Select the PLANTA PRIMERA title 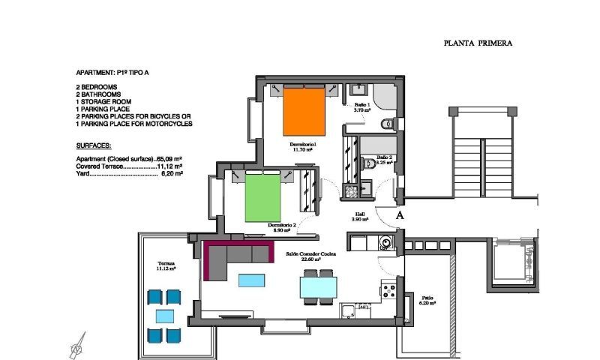(x=478, y=43)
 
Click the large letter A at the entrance (x=400, y=214)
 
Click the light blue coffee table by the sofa (x=250, y=280)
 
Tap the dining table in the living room (x=319, y=286)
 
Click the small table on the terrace (x=165, y=316)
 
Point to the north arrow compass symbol (x=76, y=346)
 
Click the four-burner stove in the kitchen (x=388, y=289)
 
